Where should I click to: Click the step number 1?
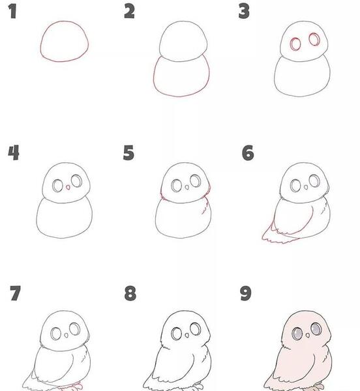click(12, 12)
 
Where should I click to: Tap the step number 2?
click(129, 12)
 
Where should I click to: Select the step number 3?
click(244, 12)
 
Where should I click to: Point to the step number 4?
click(14, 152)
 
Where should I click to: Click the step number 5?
click(128, 152)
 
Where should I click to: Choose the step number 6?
click(248, 152)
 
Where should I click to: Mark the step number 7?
click(15, 293)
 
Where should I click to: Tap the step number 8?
click(130, 293)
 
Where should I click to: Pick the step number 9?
click(245, 293)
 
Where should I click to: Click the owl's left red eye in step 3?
click(295, 44)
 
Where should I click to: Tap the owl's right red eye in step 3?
click(314, 39)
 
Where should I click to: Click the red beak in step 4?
click(68, 187)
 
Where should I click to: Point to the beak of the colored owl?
click(308, 336)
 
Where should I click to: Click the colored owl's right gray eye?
click(316, 329)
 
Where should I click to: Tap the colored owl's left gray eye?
click(297, 333)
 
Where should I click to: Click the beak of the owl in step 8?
click(187, 336)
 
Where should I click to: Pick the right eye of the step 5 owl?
click(195, 181)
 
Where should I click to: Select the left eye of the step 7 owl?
click(56, 334)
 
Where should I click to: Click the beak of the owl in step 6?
click(306, 187)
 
